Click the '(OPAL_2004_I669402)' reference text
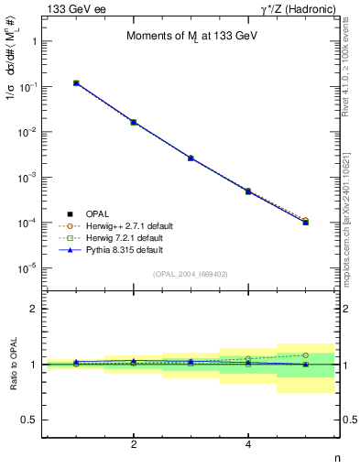(189, 273)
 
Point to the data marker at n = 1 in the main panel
(77, 83)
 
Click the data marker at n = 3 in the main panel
(191, 158)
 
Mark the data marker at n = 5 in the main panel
(305, 222)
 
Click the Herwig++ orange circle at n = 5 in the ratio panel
(305, 355)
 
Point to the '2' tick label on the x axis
(134, 444)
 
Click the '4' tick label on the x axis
(248, 444)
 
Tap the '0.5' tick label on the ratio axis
(29, 420)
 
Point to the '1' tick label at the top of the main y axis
(34, 41)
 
